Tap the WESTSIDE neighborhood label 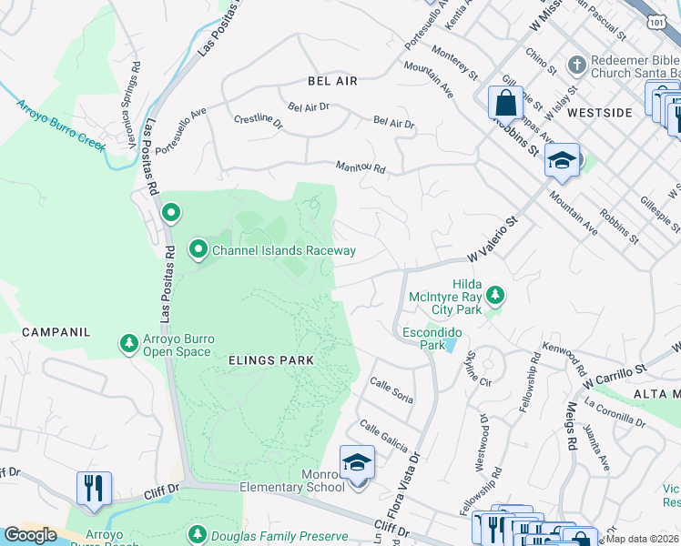[599, 113]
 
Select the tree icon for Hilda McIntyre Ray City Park [494, 295]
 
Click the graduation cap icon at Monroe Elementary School [357, 463]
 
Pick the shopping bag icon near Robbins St [505, 103]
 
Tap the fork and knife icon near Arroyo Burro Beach [94, 488]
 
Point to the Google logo [30, 535]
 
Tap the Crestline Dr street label [258, 119]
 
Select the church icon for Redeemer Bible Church [574, 66]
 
